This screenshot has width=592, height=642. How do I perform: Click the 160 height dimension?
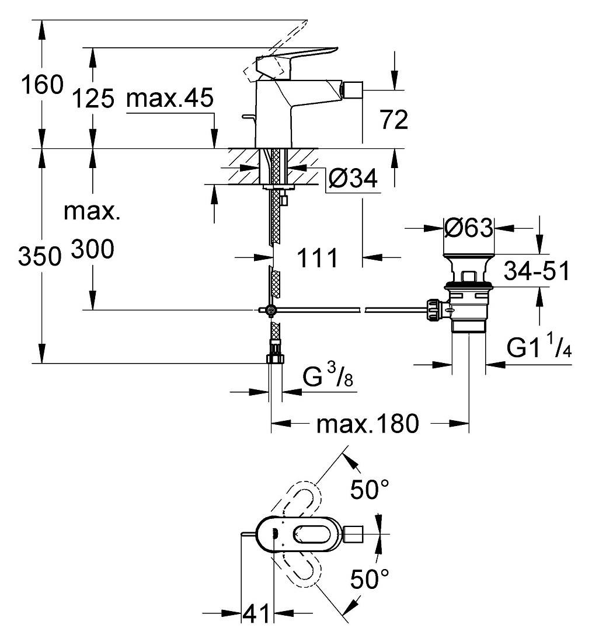[43, 85]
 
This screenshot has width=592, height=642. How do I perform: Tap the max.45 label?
[170, 98]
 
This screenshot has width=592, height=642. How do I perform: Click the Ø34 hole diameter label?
[353, 179]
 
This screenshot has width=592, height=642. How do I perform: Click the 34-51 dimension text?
[537, 271]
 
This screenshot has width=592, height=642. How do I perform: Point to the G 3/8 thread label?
[328, 375]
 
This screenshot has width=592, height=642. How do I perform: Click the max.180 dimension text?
[368, 423]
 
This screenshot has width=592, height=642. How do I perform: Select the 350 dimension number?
[40, 257]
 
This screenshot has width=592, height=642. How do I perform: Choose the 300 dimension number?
[93, 249]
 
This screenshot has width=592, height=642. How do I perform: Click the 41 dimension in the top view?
[256, 613]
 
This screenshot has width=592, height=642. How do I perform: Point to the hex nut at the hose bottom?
[276, 359]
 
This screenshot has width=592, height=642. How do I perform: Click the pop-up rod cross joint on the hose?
[270, 310]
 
